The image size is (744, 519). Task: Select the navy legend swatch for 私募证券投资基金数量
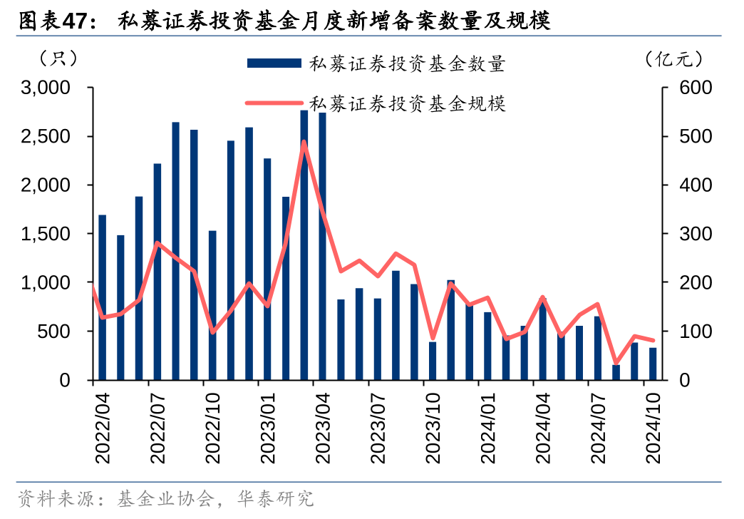[x=274, y=63]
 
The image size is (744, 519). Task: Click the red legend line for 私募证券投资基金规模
[x=274, y=103]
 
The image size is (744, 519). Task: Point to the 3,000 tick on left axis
[x=46, y=88]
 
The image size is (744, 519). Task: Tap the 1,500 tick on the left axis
[x=46, y=234]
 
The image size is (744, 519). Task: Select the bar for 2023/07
[x=378, y=339]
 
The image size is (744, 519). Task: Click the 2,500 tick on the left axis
[x=46, y=136]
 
